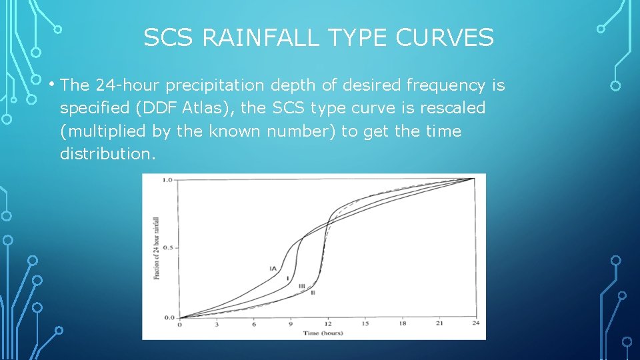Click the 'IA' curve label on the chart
pos(273,269)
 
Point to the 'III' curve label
pos(301,285)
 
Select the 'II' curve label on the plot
pos(313,293)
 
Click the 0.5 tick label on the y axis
pos(168,248)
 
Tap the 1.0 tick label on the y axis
pos(168,179)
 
